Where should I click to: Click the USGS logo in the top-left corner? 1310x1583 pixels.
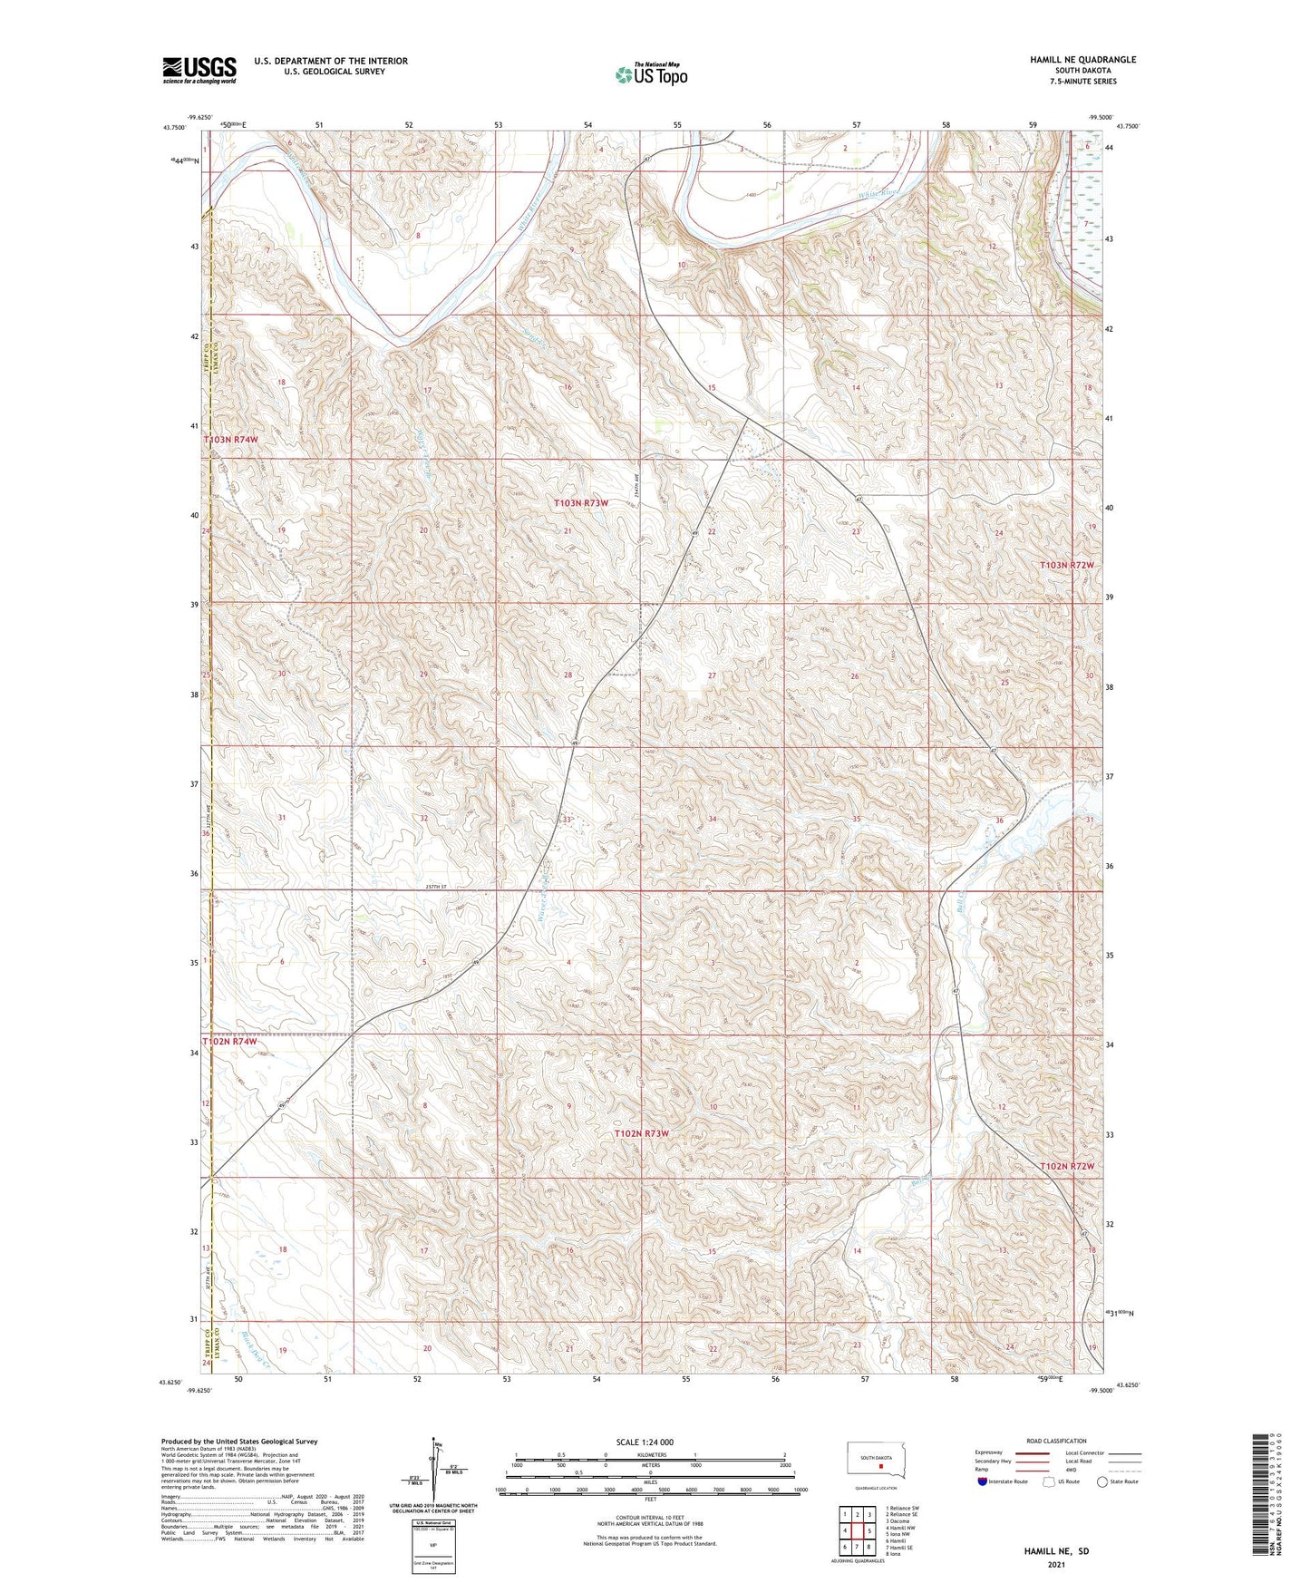199,70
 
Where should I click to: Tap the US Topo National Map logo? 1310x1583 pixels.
651,74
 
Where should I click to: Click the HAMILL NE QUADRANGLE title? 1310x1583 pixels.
1082,60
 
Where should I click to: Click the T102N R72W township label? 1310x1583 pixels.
1067,1166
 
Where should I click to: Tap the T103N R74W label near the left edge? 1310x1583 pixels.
231,440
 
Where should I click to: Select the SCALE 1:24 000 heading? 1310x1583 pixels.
645,1442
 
